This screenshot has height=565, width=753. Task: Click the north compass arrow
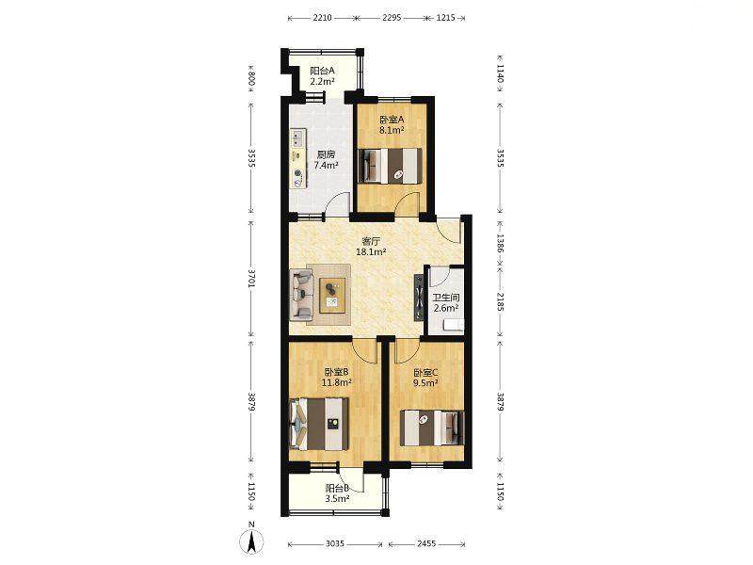(251, 539)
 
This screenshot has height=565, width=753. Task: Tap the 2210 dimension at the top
(322, 18)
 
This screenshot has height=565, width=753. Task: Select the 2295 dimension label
(392, 18)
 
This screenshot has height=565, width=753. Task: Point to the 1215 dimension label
(445, 18)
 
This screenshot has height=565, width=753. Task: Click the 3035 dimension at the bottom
(335, 544)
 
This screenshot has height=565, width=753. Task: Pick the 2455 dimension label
(426, 544)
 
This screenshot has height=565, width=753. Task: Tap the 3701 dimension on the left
(251, 278)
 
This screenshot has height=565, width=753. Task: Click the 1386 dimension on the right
(500, 243)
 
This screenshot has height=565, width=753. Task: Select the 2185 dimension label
(500, 301)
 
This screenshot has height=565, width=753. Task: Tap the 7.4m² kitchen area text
(326, 166)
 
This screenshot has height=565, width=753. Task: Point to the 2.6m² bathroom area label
(446, 309)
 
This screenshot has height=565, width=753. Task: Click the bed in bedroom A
(391, 166)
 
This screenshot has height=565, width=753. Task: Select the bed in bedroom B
(319, 425)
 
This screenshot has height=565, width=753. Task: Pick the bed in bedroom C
(432, 428)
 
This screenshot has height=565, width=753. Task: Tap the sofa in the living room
(302, 295)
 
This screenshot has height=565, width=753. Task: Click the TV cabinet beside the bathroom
(419, 298)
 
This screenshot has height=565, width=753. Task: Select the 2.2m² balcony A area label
(322, 82)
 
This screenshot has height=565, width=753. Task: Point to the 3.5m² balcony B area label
(337, 499)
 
